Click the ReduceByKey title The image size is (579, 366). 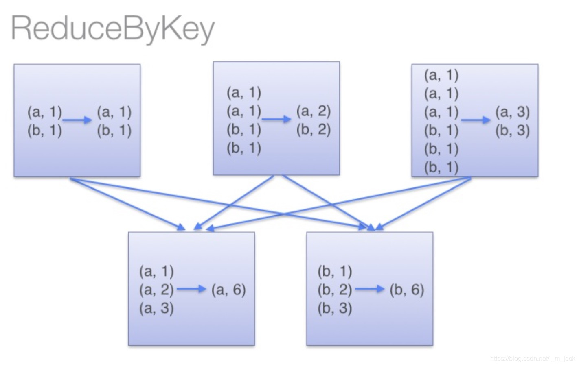[x=112, y=28]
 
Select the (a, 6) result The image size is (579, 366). [x=228, y=289]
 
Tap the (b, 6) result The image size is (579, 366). [x=407, y=289]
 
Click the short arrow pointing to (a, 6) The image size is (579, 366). [x=191, y=289]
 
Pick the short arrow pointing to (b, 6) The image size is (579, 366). [x=369, y=289]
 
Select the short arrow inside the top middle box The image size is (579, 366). [x=276, y=119]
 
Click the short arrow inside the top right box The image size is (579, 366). [x=475, y=120]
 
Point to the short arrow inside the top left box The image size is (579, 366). [x=77, y=120]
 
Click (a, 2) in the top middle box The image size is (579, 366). [x=313, y=111]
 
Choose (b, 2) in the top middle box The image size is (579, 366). [x=313, y=129]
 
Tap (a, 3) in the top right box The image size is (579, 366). [x=512, y=111]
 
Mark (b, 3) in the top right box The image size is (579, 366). [x=512, y=130]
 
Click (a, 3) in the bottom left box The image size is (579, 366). [x=156, y=308]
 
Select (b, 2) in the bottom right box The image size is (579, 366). [x=334, y=289]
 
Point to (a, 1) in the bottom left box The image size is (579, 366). [x=156, y=271]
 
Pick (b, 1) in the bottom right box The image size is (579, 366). [x=334, y=271]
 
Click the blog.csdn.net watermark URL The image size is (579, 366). [x=532, y=359]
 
